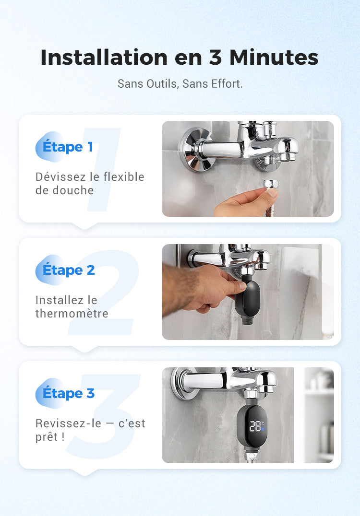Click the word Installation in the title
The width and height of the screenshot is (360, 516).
click(103, 58)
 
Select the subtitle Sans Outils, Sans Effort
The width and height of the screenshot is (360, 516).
click(180, 83)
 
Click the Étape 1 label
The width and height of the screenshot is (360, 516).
click(68, 147)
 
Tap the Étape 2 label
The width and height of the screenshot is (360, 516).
click(69, 270)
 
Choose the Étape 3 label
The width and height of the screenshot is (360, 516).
click(69, 393)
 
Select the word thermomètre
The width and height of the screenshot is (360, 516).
click(72, 314)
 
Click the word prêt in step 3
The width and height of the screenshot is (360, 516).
click(47, 437)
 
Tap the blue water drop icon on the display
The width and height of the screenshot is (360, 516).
click(263, 430)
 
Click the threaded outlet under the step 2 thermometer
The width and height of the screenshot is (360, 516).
click(248, 320)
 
